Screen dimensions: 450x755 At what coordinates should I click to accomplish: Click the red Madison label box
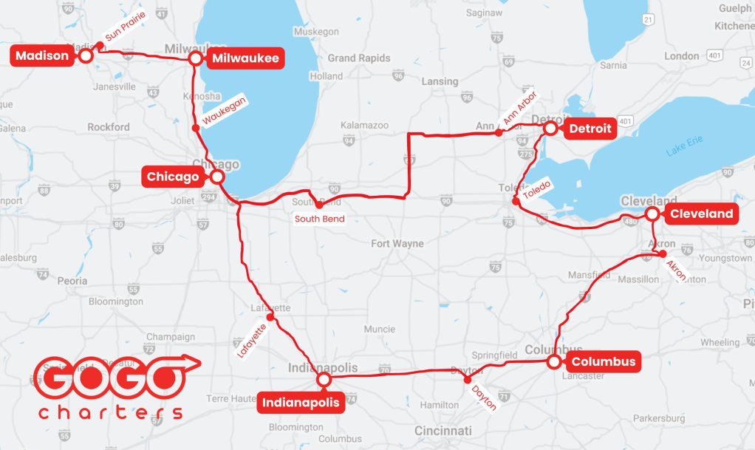pyautogui.click(x=42, y=55)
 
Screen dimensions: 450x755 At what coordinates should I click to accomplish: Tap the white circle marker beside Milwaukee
pyautogui.click(x=196, y=58)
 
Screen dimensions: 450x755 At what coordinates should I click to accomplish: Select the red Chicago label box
pyautogui.click(x=173, y=177)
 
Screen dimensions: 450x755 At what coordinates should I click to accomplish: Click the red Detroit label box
pyautogui.click(x=590, y=129)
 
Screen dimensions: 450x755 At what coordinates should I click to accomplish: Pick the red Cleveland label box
pyautogui.click(x=701, y=214)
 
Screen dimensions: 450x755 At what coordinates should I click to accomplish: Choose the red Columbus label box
pyautogui.click(x=603, y=362)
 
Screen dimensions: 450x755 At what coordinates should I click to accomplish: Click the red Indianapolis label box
pyautogui.click(x=301, y=403)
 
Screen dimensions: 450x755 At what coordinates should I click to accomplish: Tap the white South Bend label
pyautogui.click(x=319, y=219)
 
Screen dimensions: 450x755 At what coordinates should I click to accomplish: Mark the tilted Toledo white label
pyautogui.click(x=536, y=191)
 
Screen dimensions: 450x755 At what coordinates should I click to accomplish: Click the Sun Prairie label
pyautogui.click(x=125, y=25)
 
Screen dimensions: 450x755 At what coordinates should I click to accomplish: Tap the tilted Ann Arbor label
pyautogui.click(x=520, y=108)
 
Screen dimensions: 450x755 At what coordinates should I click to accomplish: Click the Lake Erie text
pyautogui.click(x=684, y=146)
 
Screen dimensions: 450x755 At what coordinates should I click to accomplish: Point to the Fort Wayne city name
pyautogui.click(x=397, y=243)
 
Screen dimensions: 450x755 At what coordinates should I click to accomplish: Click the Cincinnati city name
pyautogui.click(x=443, y=430)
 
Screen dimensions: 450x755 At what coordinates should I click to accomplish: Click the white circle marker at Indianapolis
pyautogui.click(x=323, y=379)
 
